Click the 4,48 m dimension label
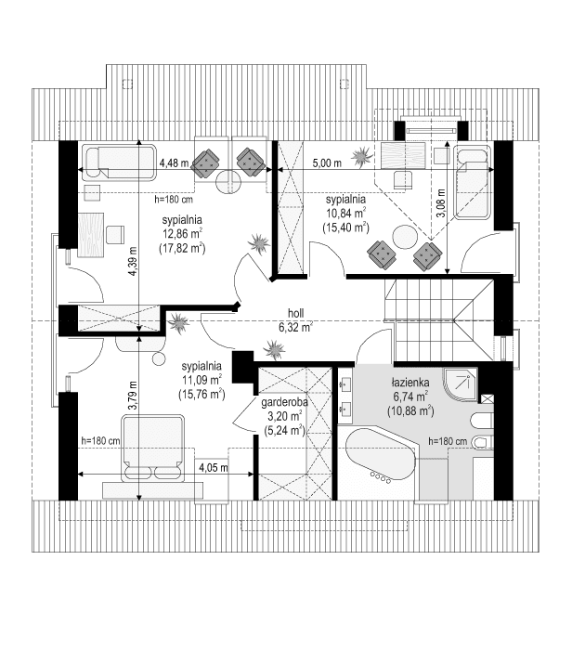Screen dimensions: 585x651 174,163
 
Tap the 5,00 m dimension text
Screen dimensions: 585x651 327,163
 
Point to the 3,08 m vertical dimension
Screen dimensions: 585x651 440,203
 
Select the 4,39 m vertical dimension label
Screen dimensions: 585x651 132,261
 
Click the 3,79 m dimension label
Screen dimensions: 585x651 132,396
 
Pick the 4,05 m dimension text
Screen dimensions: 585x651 214,467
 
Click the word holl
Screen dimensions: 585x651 295,313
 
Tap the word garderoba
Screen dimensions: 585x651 284,402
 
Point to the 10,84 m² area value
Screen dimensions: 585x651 345,214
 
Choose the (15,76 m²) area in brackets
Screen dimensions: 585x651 201,394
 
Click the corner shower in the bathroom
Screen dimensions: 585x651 460,384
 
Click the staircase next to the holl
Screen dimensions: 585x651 439,319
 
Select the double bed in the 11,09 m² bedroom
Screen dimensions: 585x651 152,448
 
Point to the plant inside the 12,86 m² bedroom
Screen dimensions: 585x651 259,242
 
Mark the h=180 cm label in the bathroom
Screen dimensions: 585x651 448,441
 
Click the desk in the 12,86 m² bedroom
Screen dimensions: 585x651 90,235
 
